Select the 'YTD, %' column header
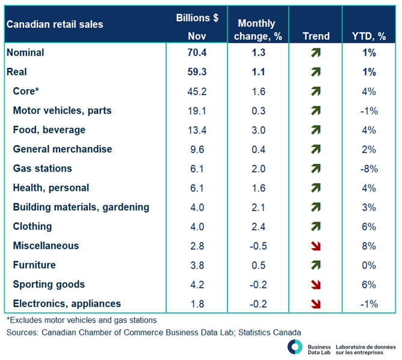coord(369,36)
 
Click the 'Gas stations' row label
coord(42,169)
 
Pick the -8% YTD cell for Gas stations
coord(369,169)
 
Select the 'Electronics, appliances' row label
coord(67,304)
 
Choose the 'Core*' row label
coord(25,92)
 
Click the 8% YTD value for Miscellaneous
coord(369,246)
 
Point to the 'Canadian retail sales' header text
coord(55,25)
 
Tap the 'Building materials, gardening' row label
coord(81,207)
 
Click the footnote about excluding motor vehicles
coord(81,320)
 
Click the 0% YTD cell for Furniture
coord(369,265)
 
